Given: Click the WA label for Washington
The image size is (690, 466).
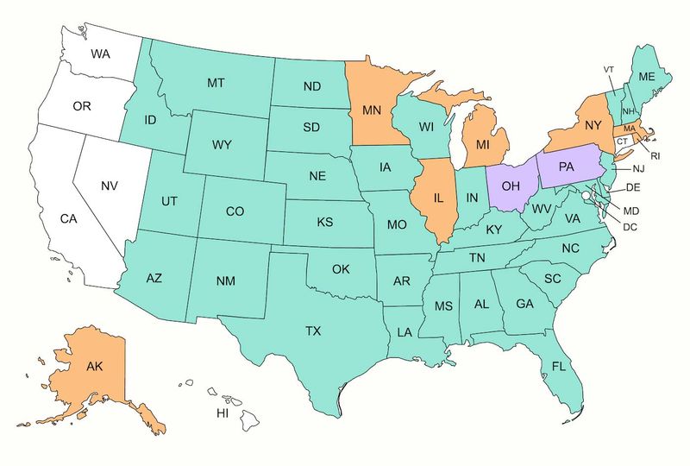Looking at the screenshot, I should (100, 54).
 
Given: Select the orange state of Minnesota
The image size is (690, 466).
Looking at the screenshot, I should (373, 110).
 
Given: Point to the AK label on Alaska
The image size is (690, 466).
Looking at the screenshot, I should (96, 365).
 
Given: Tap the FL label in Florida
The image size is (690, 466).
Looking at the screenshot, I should (559, 367).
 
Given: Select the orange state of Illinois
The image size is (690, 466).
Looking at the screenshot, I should (438, 198).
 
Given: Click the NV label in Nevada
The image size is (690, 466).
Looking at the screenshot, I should (110, 186).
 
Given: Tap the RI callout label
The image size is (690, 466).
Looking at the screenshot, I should (655, 156).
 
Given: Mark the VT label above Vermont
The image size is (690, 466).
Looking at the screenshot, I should (609, 69).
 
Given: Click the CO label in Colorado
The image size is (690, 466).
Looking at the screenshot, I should (235, 211).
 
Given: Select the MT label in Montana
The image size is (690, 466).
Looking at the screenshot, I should (216, 84).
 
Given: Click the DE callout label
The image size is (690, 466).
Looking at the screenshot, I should (632, 187).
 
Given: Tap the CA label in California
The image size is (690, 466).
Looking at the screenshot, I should (69, 219).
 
